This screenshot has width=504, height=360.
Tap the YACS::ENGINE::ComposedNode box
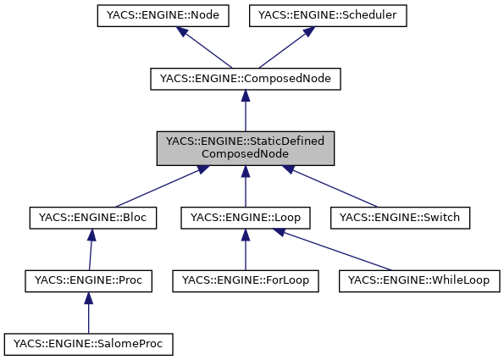245,79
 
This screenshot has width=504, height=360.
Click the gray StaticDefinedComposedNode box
245,147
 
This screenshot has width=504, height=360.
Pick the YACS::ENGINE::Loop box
245,218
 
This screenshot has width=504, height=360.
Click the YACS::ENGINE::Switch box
399,218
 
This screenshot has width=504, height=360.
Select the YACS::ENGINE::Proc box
89,280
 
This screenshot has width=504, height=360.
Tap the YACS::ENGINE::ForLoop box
245,280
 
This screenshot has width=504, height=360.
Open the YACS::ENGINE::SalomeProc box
89,344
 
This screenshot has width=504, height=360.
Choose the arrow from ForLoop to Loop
245,250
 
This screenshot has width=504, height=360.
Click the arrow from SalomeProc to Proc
89,313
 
